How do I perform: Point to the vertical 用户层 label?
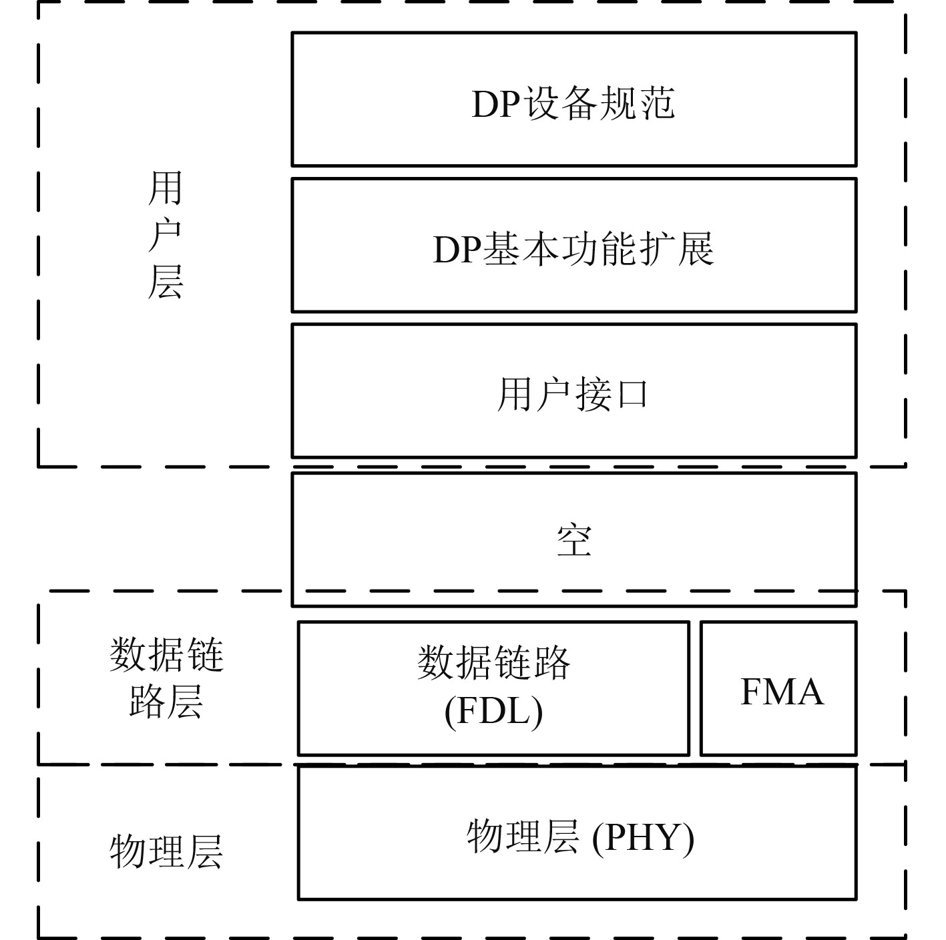coord(165,235)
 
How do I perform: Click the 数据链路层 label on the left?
coord(166,677)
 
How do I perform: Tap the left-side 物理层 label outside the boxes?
coord(166,852)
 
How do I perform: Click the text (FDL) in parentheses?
coord(493,712)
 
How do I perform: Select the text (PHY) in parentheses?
coord(644,838)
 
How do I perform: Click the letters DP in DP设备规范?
coord(495,104)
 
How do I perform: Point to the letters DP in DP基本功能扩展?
coord(457,250)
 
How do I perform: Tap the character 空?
coord(574,540)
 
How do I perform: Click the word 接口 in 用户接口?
coord(612,395)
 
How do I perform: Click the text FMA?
coord(781,692)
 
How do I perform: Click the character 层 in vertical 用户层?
coord(165,282)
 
